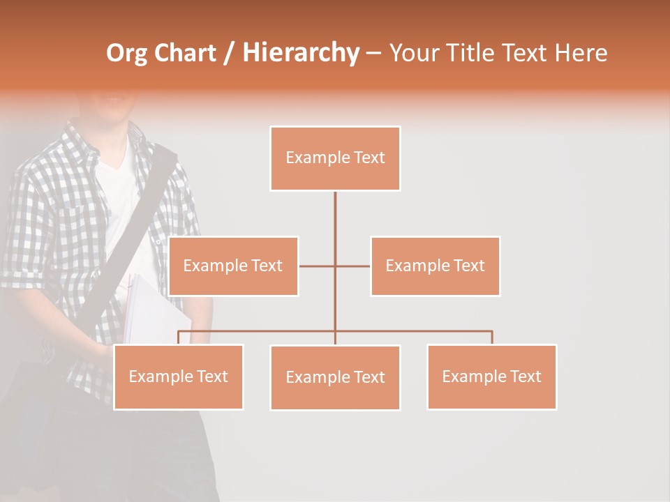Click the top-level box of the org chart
click(x=335, y=158)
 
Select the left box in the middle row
click(x=233, y=266)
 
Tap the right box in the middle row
click(x=435, y=266)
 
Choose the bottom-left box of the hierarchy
click(x=179, y=376)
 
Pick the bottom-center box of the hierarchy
click(x=335, y=377)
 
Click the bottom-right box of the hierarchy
click(x=491, y=376)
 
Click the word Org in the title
click(x=127, y=53)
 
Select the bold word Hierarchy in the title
click(x=301, y=53)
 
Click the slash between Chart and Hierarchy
click(x=230, y=54)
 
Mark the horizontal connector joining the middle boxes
click(x=318, y=266)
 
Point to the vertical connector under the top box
click(x=335, y=216)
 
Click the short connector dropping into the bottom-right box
click(x=492, y=337)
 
